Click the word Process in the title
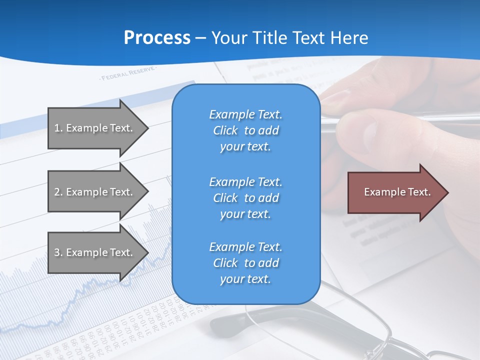(x=157, y=38)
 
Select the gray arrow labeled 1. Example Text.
(x=95, y=128)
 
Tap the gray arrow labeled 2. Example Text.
(x=95, y=192)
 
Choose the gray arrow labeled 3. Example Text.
(x=95, y=252)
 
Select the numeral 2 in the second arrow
(x=57, y=192)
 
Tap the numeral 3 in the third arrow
(x=57, y=252)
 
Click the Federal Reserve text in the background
(x=127, y=74)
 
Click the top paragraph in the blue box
(x=245, y=130)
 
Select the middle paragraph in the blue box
(x=245, y=198)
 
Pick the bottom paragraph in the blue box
(x=245, y=263)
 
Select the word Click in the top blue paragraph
(x=225, y=130)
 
